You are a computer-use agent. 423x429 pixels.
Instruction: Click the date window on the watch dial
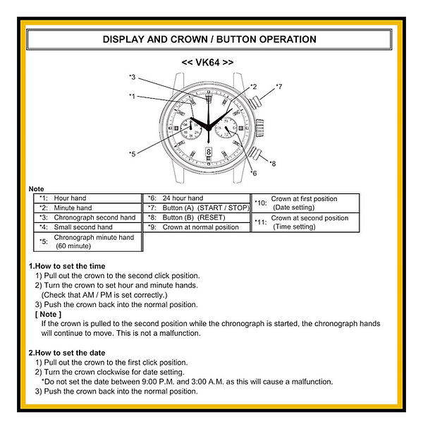pos(209,150)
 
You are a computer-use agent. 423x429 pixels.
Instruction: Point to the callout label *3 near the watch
pos(132,77)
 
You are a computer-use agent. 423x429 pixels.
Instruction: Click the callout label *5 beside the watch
pos(132,153)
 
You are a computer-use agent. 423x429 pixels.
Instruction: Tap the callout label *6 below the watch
pos(253,173)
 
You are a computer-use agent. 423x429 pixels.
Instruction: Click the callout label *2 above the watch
pos(253,87)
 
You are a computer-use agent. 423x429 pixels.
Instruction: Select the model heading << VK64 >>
pos(208,62)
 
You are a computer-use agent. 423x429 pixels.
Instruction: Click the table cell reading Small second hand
pos(82,227)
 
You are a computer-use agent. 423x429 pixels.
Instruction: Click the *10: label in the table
pos(260,203)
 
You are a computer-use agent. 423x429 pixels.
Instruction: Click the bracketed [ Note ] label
pos(48,314)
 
